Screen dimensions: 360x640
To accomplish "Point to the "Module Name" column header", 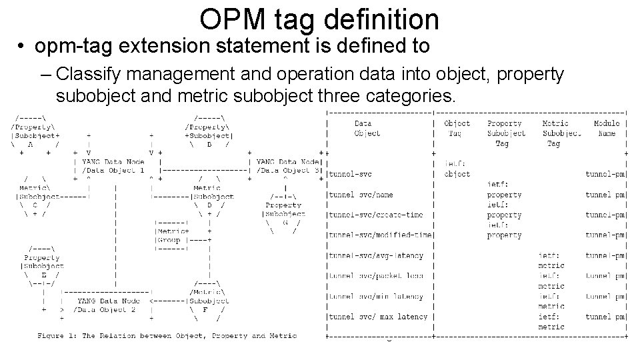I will (607, 128).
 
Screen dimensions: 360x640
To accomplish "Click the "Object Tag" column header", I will (457, 128).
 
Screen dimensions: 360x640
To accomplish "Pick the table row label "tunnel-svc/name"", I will (360, 195).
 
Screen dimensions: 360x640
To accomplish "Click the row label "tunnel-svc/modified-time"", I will (380, 235).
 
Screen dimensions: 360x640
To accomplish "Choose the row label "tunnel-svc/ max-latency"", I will (377, 317).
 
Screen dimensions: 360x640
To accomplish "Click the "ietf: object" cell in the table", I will (457, 169).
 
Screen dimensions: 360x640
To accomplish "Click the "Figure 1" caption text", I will (167, 336).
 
